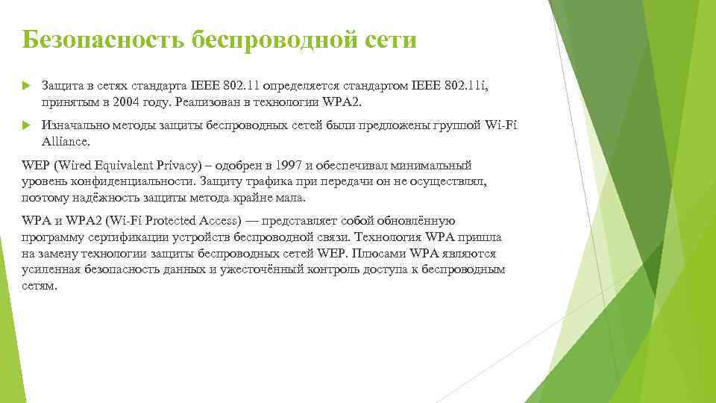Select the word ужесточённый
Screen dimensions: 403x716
(260, 269)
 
